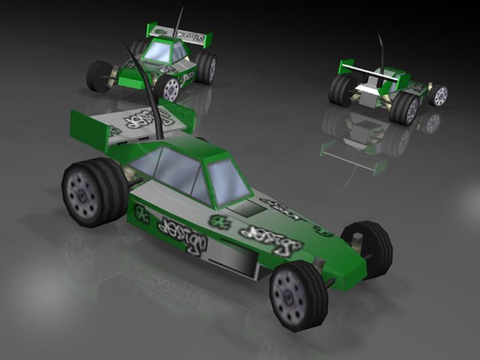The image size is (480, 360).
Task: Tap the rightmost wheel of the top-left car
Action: (206, 68)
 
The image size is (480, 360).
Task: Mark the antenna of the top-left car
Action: (179, 20)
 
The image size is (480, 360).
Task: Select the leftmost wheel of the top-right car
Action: (340, 89)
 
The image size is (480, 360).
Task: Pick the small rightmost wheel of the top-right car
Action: (438, 95)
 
